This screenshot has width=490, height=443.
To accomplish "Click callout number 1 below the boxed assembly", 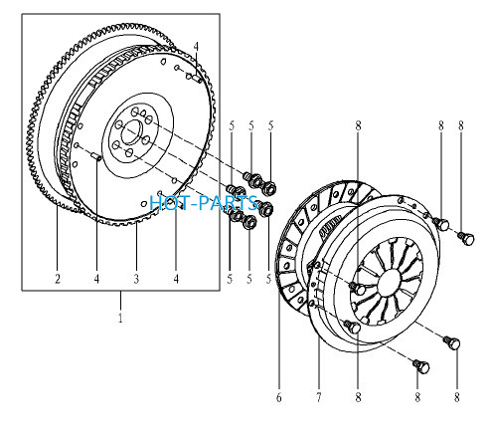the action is (120, 318).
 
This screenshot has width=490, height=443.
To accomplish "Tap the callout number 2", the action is (58, 279).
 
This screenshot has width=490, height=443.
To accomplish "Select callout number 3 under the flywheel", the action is (136, 279).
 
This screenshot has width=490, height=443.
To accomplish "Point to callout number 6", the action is (279, 397).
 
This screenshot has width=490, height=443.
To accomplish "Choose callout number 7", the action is (319, 397).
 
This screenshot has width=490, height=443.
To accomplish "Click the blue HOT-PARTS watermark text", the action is (204, 203).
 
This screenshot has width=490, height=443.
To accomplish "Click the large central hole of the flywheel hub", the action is (131, 132).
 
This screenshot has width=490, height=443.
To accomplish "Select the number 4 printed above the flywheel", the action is (196, 47).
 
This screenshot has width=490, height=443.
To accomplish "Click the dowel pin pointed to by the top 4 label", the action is (197, 79).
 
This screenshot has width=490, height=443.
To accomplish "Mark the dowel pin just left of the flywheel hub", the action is (96, 156).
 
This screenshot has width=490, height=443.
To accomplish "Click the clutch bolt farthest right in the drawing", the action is (467, 238).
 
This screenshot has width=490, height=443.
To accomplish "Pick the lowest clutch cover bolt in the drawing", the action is (421, 366).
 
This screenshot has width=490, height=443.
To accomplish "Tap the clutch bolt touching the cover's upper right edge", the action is (441, 223).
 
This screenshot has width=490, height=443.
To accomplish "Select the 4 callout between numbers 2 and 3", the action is (96, 279).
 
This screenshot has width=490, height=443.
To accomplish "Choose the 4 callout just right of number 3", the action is (176, 279).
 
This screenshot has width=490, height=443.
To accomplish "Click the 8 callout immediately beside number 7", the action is (358, 397).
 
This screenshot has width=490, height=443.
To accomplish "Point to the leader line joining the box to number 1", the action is (120, 301).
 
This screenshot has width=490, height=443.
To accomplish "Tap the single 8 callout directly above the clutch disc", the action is (358, 125).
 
